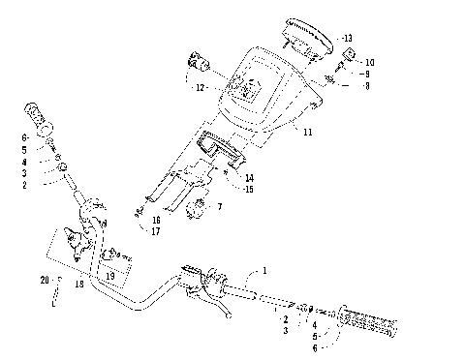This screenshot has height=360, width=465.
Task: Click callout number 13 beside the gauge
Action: (x=348, y=38)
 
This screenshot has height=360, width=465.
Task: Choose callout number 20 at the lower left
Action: (x=44, y=280)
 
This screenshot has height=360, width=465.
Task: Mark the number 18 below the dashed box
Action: (x=78, y=285)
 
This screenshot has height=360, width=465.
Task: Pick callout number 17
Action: (x=155, y=231)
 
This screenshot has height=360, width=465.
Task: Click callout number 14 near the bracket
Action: (x=250, y=177)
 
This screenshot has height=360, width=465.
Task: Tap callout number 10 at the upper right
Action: (x=368, y=62)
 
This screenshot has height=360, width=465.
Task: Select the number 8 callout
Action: (x=367, y=86)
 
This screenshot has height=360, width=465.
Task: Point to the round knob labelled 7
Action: (x=201, y=207)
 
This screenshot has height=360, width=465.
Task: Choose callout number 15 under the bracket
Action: (x=250, y=189)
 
